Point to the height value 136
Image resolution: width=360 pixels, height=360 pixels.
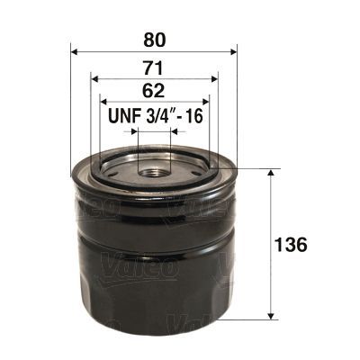tap(293, 245)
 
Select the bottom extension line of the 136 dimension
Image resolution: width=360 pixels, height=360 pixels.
tap(256, 319)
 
